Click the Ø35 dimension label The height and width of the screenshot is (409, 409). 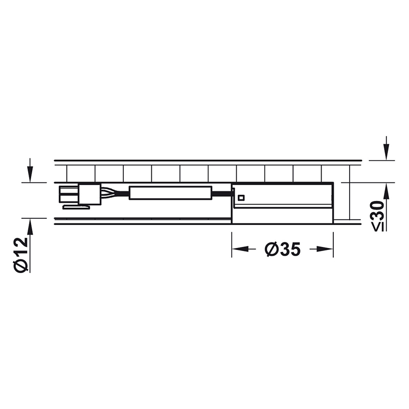[x=283, y=249]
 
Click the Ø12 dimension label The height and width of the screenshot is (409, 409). [x=21, y=255]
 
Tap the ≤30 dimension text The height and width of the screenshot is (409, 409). [x=377, y=216]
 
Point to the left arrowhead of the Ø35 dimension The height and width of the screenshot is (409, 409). [x=240, y=249]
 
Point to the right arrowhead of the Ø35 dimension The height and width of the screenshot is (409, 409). [x=325, y=249]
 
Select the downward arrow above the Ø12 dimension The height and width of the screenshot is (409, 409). [x=30, y=170]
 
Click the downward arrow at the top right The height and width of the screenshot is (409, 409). [x=387, y=148]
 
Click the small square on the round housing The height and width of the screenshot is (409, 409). [x=241, y=198]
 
